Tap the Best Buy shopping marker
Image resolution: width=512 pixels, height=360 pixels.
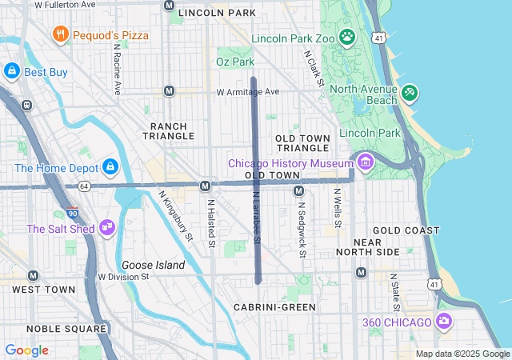12,72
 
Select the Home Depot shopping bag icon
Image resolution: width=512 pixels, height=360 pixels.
110,167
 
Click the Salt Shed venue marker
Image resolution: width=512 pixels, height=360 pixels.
106,228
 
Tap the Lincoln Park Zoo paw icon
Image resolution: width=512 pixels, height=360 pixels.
346,37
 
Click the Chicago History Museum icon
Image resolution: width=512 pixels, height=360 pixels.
366,162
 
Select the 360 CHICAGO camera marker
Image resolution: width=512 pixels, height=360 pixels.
444,322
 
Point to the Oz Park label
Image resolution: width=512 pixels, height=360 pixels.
235,62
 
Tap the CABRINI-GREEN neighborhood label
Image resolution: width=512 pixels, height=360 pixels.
274,306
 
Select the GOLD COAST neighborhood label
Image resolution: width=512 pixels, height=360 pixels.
406,230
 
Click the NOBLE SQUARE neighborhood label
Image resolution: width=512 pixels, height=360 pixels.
66,329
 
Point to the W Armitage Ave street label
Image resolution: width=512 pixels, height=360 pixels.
247,93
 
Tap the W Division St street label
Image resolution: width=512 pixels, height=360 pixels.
124,277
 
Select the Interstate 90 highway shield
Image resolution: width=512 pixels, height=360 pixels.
74,214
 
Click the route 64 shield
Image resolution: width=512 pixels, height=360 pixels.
83,186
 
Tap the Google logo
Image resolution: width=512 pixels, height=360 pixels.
26,350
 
